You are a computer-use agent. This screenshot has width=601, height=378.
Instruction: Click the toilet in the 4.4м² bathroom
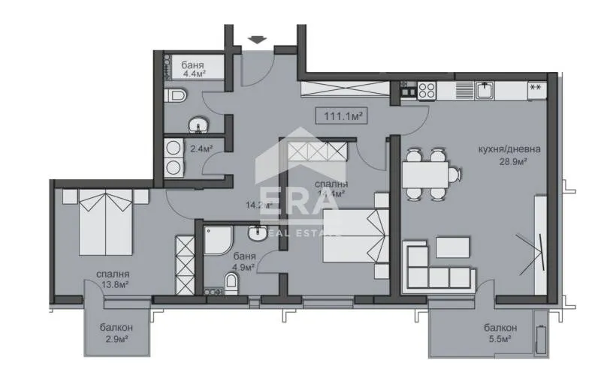point(177,95)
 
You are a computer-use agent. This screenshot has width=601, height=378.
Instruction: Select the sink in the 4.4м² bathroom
point(198,123)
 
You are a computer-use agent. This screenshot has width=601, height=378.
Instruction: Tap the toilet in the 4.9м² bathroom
point(233,283)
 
